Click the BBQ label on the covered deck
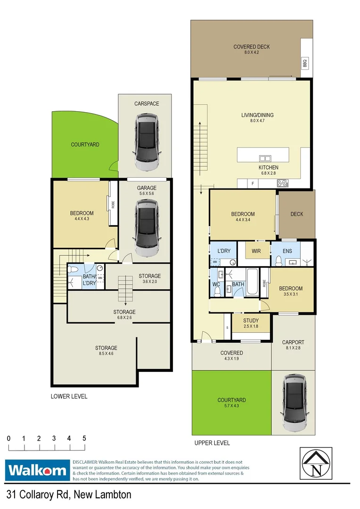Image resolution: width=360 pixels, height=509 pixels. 304,63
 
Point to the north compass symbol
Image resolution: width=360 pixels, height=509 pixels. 316,463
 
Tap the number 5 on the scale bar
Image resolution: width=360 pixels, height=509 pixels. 84,438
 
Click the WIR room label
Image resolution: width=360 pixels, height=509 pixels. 257,251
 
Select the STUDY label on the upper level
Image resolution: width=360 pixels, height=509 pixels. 251,321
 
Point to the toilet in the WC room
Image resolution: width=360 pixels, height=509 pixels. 218,291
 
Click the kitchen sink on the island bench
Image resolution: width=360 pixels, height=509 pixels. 264,158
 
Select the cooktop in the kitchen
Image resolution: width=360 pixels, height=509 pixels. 284,184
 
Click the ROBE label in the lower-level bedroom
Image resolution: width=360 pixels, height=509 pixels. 113,204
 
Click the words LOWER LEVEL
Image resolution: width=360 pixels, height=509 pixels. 69,396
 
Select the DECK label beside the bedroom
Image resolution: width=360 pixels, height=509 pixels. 297,214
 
